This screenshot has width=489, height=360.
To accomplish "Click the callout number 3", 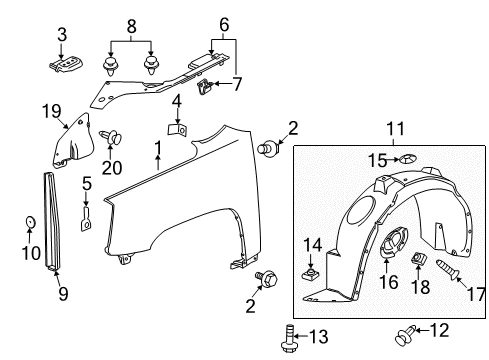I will click(62, 35).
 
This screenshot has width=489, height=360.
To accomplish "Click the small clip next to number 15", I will click(408, 159).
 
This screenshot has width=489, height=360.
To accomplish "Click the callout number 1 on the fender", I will click(156, 150).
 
